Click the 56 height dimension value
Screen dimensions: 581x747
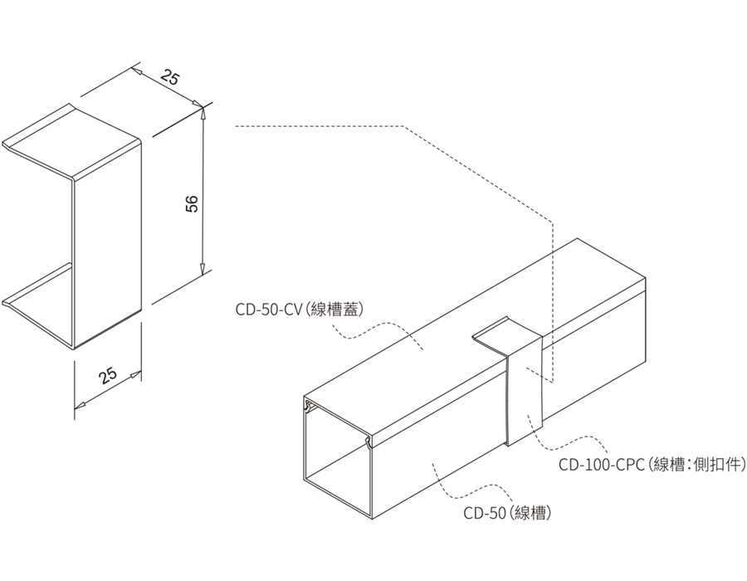[192, 204]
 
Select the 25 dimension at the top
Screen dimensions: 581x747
[169, 80]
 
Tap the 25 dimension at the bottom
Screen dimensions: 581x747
[108, 375]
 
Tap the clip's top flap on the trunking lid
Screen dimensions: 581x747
[502, 336]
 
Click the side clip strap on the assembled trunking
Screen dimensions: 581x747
[523, 390]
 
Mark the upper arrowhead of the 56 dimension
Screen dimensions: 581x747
[203, 110]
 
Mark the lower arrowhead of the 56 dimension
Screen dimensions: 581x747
[203, 268]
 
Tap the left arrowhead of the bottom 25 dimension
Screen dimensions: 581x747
[80, 405]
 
